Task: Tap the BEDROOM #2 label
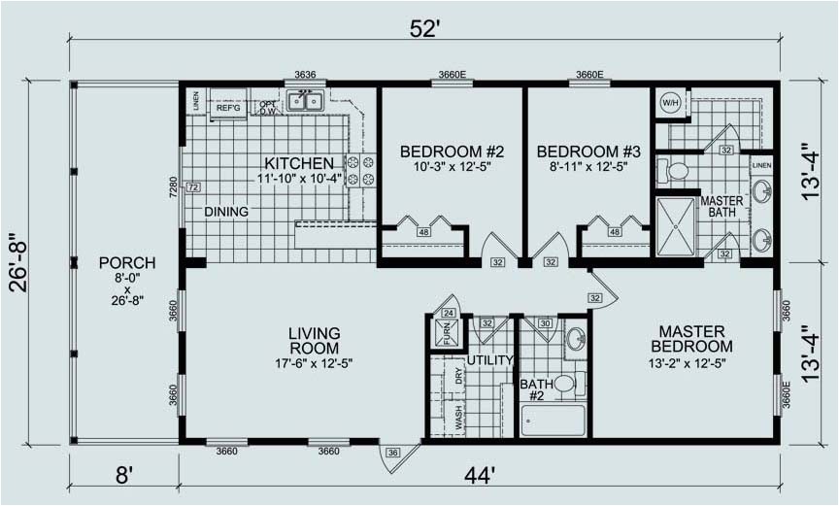[x=452, y=152]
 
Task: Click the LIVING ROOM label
[x=314, y=340]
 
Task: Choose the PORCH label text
[x=126, y=262]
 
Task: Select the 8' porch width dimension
[x=123, y=475]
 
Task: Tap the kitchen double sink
[x=306, y=100]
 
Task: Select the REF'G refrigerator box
[x=228, y=108]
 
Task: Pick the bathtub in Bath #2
[x=554, y=421]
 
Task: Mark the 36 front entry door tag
[x=392, y=452]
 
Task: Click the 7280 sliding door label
[x=174, y=186]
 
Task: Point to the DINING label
[x=225, y=212]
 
